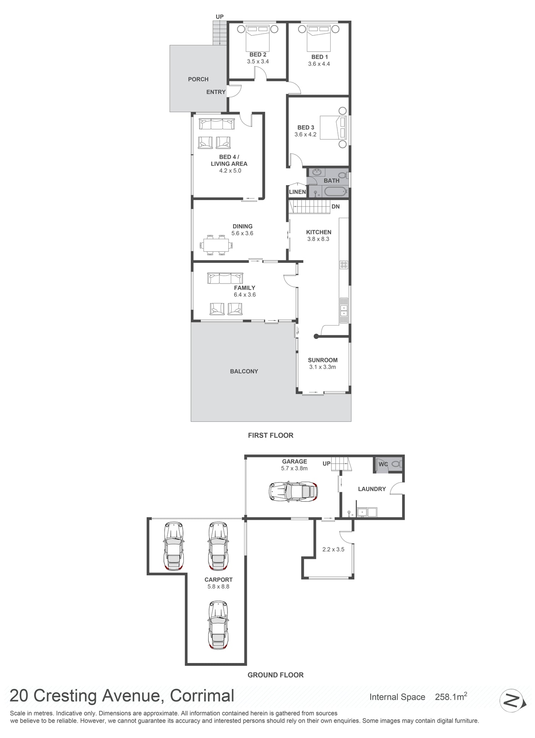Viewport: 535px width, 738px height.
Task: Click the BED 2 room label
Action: [x=258, y=55]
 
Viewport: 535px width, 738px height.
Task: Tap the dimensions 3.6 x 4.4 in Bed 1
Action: [x=319, y=64]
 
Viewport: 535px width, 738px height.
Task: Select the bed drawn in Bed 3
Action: [x=334, y=127]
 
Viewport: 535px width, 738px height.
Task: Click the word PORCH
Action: [x=198, y=79]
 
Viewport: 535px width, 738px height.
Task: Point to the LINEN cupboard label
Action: [x=297, y=192]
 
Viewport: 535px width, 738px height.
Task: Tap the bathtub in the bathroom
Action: [x=335, y=192]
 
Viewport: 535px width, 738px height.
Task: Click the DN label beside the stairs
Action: [x=336, y=207]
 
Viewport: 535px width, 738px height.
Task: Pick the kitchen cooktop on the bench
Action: [x=344, y=264]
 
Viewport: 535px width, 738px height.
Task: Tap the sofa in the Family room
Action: [x=225, y=278]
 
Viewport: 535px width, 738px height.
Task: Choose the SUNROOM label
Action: [x=323, y=360]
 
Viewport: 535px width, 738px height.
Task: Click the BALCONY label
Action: [x=244, y=371]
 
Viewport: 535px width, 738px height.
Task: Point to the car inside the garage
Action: [x=293, y=491]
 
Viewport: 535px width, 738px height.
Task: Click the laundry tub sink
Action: [x=366, y=512]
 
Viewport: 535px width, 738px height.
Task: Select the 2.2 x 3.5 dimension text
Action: [x=333, y=549]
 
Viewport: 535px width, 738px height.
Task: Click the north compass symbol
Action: [x=511, y=701]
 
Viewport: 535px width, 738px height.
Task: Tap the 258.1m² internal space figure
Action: [x=451, y=697]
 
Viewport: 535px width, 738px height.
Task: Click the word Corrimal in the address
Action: [x=202, y=696]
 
